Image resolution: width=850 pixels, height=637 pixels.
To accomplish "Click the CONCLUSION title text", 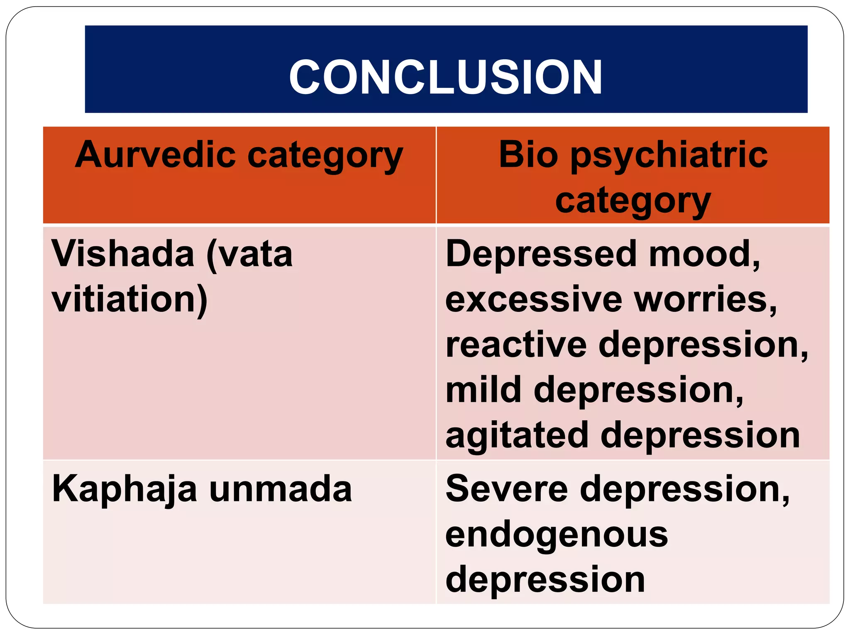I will [x=445, y=77].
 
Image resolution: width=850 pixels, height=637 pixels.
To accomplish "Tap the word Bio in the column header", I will [x=528, y=155].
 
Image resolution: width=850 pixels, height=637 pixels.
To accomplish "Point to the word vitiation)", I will [x=129, y=299].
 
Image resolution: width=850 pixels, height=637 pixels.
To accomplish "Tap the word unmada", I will [x=281, y=489].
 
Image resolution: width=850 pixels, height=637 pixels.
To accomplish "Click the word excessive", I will [x=534, y=299].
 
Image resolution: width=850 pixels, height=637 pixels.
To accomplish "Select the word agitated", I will [x=517, y=435].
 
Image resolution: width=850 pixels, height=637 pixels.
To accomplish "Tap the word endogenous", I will [x=557, y=535].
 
